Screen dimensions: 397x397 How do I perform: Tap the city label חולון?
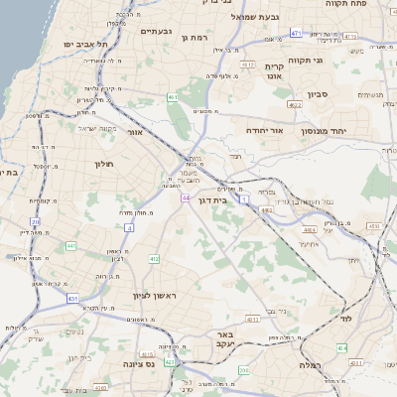click(x=106, y=164)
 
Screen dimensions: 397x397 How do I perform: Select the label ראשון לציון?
click(x=153, y=297)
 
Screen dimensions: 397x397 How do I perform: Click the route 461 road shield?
click(x=173, y=97)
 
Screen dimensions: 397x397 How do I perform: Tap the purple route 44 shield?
click(x=185, y=198)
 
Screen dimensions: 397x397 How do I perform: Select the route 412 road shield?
click(x=154, y=259)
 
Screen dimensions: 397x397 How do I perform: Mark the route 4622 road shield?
click(x=294, y=104)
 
